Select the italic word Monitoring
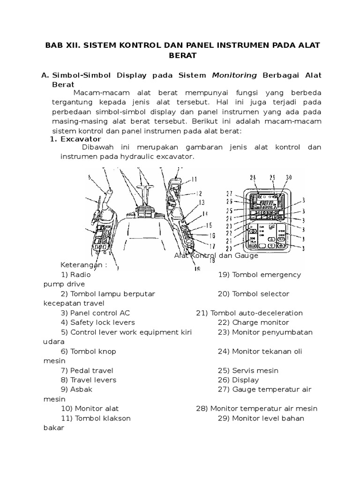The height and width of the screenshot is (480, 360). click(x=234, y=75)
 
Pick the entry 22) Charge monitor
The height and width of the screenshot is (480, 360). click(x=254, y=322)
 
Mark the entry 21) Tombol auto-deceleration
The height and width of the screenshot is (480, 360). click(x=249, y=313)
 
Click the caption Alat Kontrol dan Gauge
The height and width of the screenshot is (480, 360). click(x=216, y=256)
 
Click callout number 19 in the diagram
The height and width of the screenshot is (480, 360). click(x=197, y=269)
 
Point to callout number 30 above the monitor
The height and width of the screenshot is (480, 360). click(x=288, y=177)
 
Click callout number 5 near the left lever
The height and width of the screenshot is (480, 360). click(x=89, y=177)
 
